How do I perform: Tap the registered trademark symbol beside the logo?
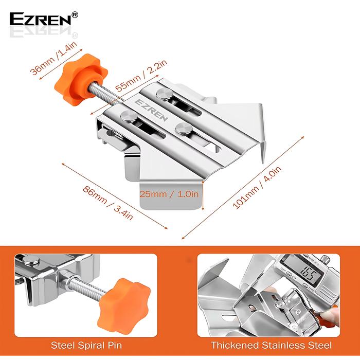[x=75, y=15]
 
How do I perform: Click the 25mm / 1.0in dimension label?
[x=168, y=194]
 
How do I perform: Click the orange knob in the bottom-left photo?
[x=120, y=298]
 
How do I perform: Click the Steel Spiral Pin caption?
[x=87, y=345]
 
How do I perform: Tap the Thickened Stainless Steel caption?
[x=271, y=345]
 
